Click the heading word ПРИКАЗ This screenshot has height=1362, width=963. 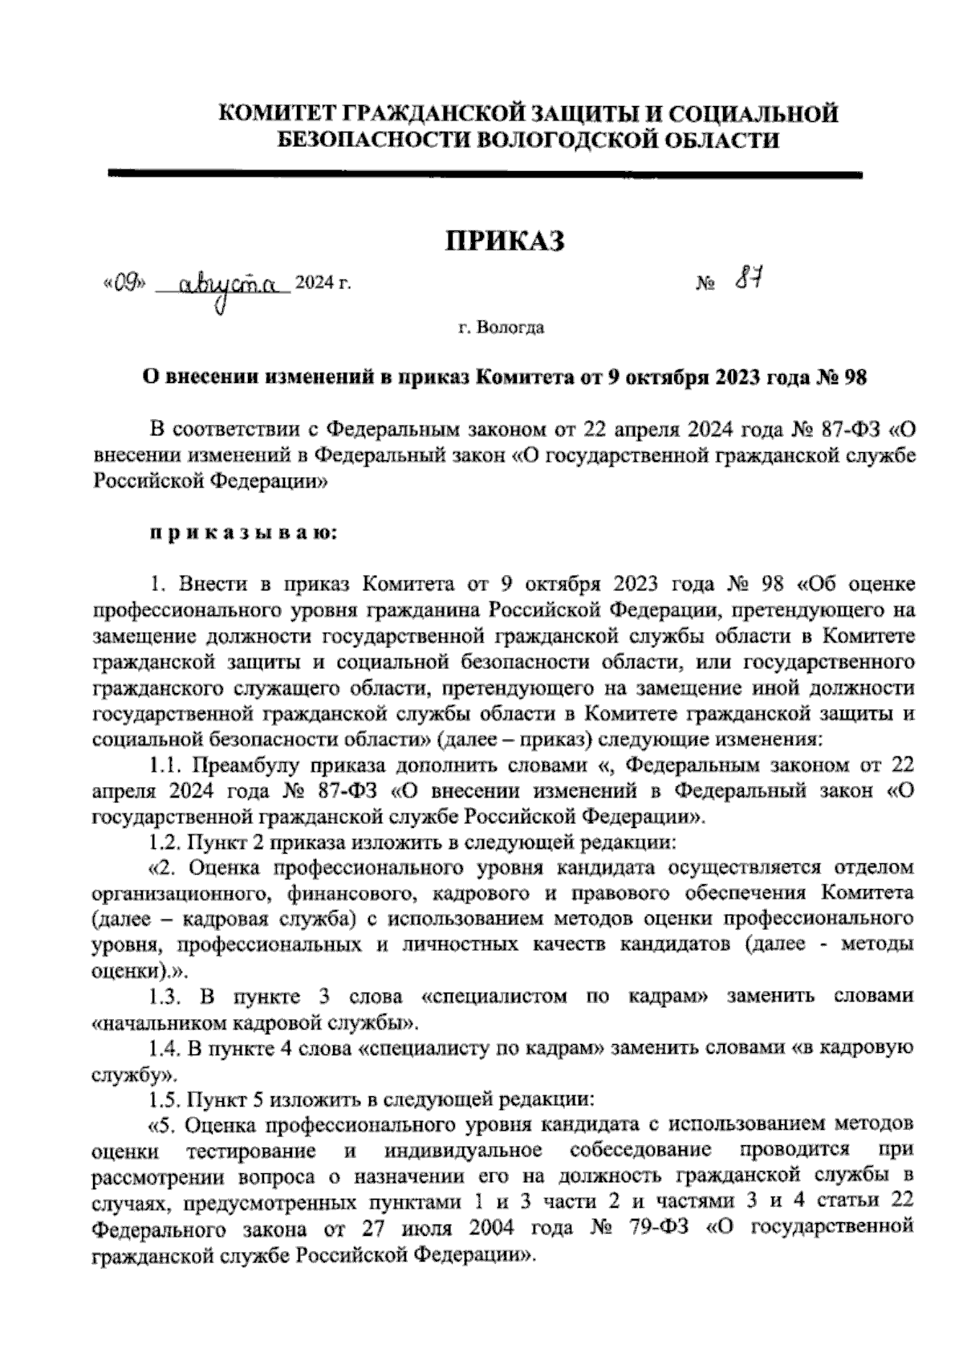pos(505,240)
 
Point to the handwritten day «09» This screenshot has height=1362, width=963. pos(124,283)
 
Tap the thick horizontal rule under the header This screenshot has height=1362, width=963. pos(484,173)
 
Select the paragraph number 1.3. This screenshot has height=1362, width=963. pos(167,997)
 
